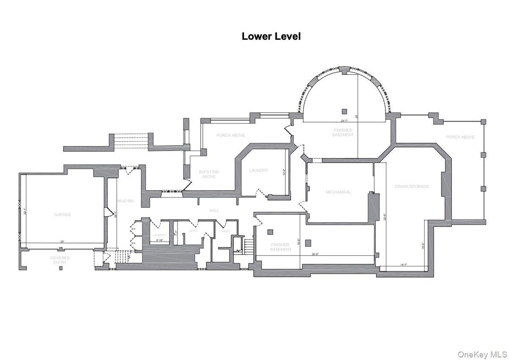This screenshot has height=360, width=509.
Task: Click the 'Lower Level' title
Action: pyautogui.click(x=271, y=36)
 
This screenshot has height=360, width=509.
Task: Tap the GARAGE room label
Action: pyautogui.click(x=63, y=214)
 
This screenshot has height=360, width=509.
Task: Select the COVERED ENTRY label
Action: pyautogui.click(x=60, y=260)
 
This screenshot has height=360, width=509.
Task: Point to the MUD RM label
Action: pyautogui.click(x=125, y=201)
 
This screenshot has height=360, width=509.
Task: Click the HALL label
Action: pyautogui.click(x=214, y=210)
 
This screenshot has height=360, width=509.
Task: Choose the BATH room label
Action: pyautogui.click(x=193, y=231)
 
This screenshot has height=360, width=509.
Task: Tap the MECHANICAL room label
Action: pyautogui.click(x=338, y=192)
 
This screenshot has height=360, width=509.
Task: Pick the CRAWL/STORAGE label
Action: pyautogui.click(x=411, y=186)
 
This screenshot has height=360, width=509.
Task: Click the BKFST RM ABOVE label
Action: pyautogui.click(x=209, y=174)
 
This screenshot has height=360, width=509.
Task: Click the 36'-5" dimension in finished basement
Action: pyautogui.click(x=315, y=254)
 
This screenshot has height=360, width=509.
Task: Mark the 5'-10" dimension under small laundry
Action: pyautogui.click(x=159, y=240)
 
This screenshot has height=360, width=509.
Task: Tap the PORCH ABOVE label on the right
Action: pyautogui.click(x=460, y=137)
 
